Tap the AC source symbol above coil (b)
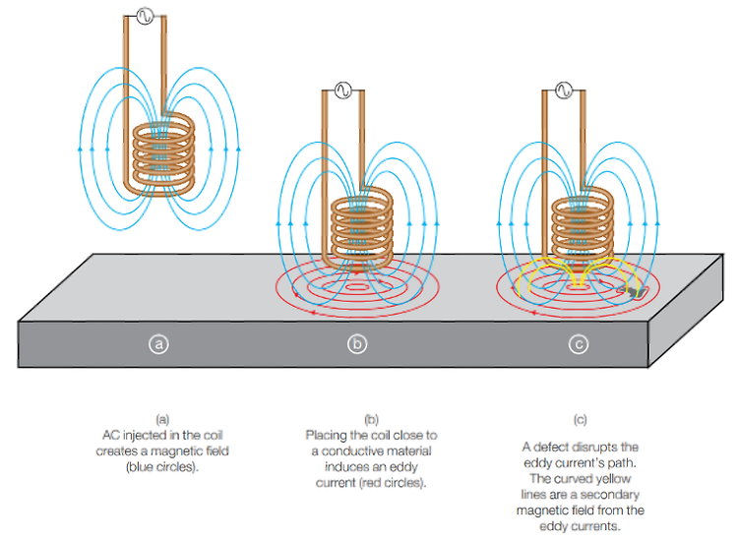(344, 90)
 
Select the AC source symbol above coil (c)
(565, 90)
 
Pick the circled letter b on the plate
(358, 344)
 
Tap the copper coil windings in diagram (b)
(361, 226)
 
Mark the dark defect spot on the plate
(627, 291)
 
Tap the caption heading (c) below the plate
(580, 420)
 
